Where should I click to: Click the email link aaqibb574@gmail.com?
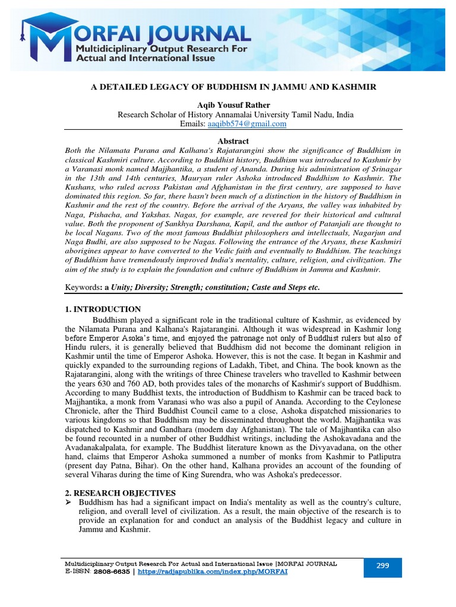tap(247, 124)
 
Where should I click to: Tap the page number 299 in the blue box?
tap(382, 566)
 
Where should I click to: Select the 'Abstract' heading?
tap(233, 141)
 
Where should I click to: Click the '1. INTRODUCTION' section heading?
tap(103, 309)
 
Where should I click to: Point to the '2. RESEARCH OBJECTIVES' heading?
tap(119, 493)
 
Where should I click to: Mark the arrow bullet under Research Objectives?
tap(69, 502)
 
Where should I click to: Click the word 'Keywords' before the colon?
tap(82, 287)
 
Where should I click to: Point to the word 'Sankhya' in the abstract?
tap(178, 223)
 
